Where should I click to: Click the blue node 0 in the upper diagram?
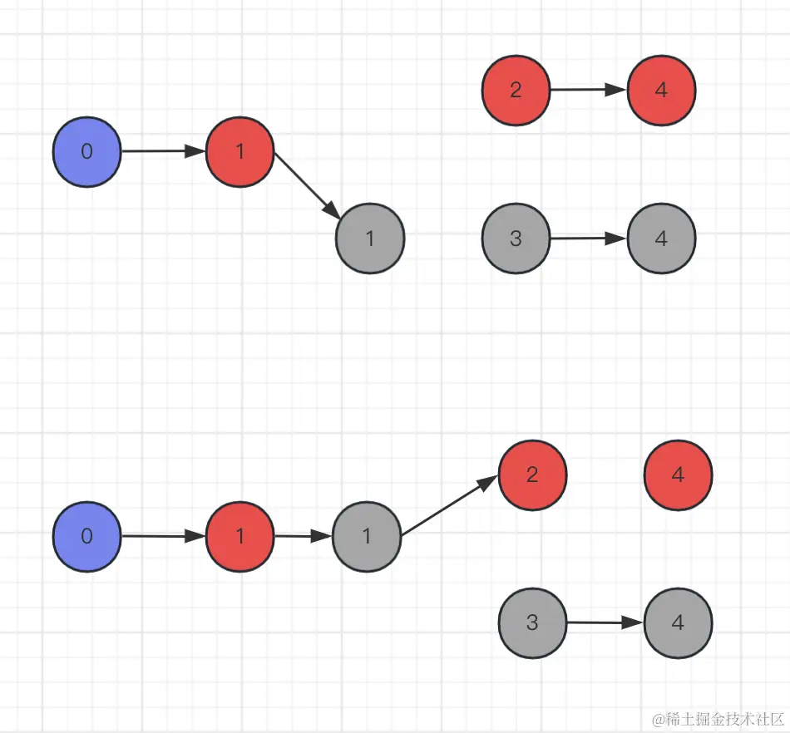[86, 152]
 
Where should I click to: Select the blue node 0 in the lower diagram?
[86, 536]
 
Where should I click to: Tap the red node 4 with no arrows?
[678, 475]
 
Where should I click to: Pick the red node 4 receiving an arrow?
[661, 91]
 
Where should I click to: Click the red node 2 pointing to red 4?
[516, 91]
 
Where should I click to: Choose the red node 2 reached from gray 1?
[532, 475]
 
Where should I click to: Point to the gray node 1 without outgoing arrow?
[370, 239]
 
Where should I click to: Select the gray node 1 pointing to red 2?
[367, 537]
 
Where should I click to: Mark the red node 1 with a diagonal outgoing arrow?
[239, 152]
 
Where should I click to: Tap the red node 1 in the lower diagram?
[239, 537]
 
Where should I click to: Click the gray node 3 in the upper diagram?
[516, 239]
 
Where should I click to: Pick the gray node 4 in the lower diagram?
[678, 622]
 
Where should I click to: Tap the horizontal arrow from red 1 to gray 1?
[303, 537]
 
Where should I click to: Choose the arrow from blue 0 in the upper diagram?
[162, 152]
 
